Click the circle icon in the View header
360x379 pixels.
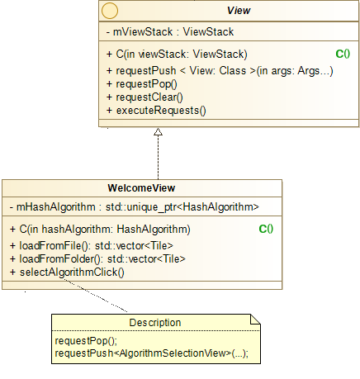point(110,12)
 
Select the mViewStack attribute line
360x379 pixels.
point(170,32)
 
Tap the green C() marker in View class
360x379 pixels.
point(343,54)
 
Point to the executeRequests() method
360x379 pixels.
point(155,110)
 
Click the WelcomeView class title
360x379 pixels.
point(141,187)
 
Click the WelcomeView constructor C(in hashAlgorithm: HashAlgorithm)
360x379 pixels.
point(102,229)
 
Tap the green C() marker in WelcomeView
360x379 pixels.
point(266,229)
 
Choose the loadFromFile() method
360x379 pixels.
point(92,245)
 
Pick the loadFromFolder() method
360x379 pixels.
point(97,258)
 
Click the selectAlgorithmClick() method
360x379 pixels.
point(67,272)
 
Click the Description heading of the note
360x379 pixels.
point(154,322)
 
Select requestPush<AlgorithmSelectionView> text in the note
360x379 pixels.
point(150,353)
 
